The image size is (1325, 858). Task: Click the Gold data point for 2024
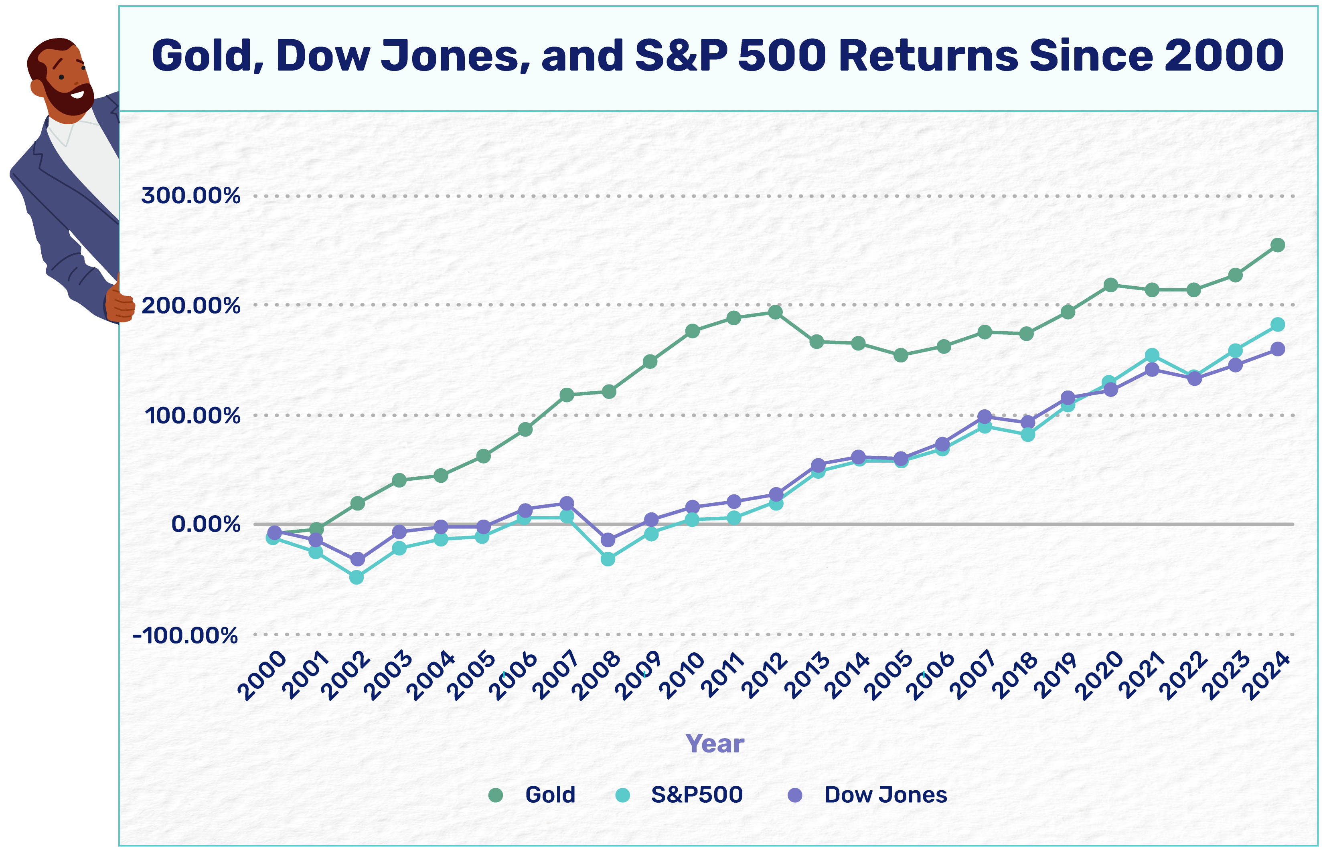pos(1278,245)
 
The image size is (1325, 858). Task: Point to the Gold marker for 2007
pos(567,395)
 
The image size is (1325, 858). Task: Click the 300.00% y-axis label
pos(190,196)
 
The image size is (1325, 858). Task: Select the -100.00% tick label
pos(185,635)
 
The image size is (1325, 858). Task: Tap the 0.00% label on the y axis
pos(205,524)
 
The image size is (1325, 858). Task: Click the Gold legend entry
pos(549,795)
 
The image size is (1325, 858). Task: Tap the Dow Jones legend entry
pos(885,795)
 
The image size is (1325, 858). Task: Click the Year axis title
pos(715,743)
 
